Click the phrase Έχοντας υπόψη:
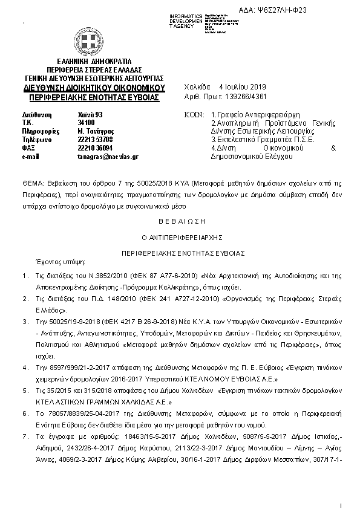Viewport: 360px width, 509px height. [x=61, y=262]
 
